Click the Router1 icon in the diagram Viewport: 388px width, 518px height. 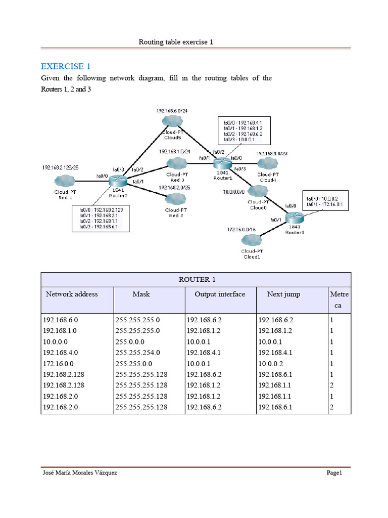[221, 163]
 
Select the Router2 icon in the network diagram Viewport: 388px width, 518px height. [117, 180]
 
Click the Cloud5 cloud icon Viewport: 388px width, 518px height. [173, 121]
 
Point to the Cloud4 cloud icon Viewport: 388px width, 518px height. [267, 163]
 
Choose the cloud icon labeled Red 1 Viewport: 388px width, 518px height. [65, 181]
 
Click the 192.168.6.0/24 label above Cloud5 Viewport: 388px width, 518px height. [172, 110]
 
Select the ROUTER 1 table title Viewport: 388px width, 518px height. [196, 279]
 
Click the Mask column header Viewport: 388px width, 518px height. [141, 294]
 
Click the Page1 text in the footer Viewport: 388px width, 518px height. [334, 473]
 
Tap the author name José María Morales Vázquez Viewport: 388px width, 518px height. [81, 473]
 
